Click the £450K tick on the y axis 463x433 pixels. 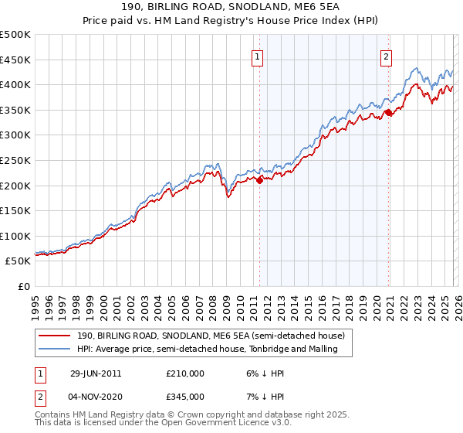[x=15, y=60]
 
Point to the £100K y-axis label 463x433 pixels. [x=15, y=236]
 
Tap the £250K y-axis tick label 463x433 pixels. [x=15, y=160]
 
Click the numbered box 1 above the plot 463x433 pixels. [x=256, y=56]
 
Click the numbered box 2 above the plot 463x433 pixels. [x=386, y=56]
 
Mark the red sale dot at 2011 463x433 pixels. [x=259, y=180]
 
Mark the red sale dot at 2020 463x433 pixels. [x=388, y=113]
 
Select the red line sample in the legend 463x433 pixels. [x=56, y=336]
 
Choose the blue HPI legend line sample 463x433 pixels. [x=56, y=349]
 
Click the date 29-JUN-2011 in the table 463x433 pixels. [x=96, y=373]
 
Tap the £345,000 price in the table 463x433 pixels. [x=185, y=396]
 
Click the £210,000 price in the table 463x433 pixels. [x=185, y=373]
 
